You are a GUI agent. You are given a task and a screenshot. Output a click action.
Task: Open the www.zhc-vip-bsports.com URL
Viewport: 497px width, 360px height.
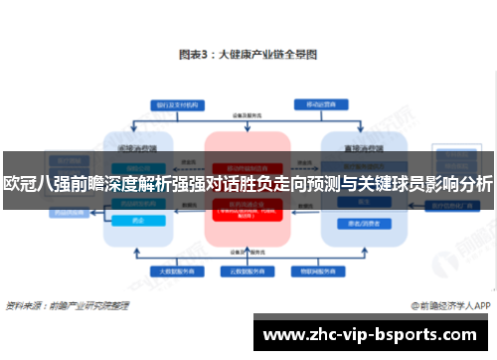373,336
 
